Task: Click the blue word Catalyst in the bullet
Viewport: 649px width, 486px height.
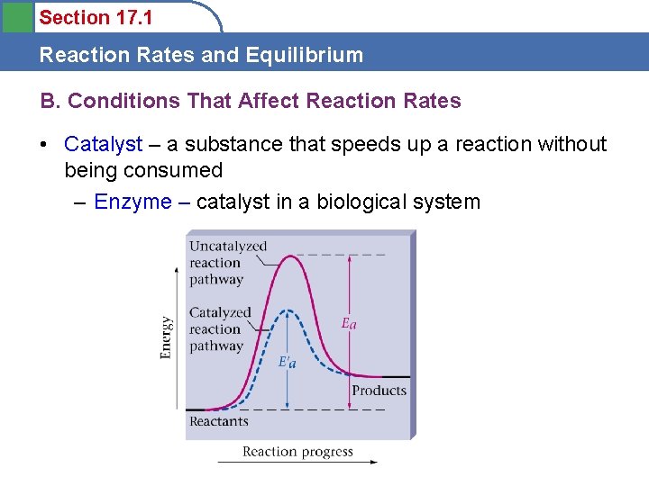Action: coord(104,144)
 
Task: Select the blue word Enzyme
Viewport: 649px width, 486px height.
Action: coord(133,202)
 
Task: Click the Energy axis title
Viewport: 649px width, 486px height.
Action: coord(167,337)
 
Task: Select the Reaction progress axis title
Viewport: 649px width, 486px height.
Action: coord(297,452)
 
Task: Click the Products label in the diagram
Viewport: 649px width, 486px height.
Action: coord(379,391)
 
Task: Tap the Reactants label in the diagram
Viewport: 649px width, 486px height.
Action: coord(218,421)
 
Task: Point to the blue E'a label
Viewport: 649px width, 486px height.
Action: coord(287,362)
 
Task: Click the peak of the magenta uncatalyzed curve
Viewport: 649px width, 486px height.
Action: coord(288,256)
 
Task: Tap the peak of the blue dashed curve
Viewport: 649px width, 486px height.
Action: coord(287,311)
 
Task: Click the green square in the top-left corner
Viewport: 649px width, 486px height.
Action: coord(17,16)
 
